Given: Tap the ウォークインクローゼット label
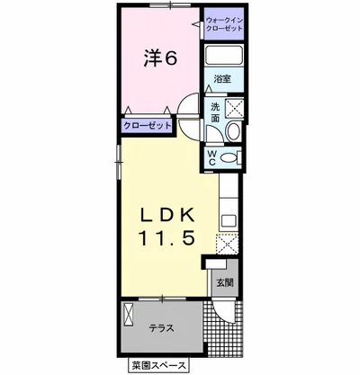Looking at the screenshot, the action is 224,24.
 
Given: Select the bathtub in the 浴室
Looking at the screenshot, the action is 224,55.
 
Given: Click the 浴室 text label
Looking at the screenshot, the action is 222,79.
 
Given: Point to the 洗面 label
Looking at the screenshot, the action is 215,112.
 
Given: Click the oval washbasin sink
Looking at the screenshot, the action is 233,131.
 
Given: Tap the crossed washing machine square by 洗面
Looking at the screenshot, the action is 234,107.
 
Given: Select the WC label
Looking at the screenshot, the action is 212,158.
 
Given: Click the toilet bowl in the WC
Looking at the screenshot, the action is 230,157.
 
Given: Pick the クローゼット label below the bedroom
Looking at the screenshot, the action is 148,125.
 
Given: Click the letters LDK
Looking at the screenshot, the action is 167,215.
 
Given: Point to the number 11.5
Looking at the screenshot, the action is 166,238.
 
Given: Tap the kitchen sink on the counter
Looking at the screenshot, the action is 229,221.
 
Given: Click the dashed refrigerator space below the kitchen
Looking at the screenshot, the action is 227,244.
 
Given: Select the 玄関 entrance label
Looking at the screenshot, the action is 225,282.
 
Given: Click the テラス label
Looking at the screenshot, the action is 162,328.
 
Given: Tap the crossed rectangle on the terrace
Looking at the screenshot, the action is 128,314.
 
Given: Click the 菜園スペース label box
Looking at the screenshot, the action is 158,365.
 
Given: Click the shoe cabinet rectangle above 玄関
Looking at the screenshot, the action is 216,263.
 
